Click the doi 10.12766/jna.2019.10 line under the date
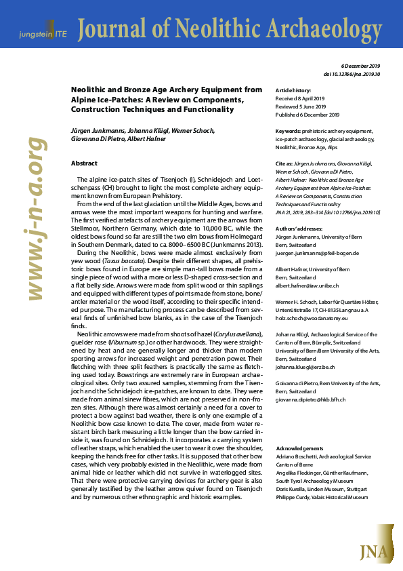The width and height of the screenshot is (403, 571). pos(353,73)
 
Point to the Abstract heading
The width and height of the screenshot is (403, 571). pos(84,163)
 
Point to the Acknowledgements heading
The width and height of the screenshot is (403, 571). pos(300,448)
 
